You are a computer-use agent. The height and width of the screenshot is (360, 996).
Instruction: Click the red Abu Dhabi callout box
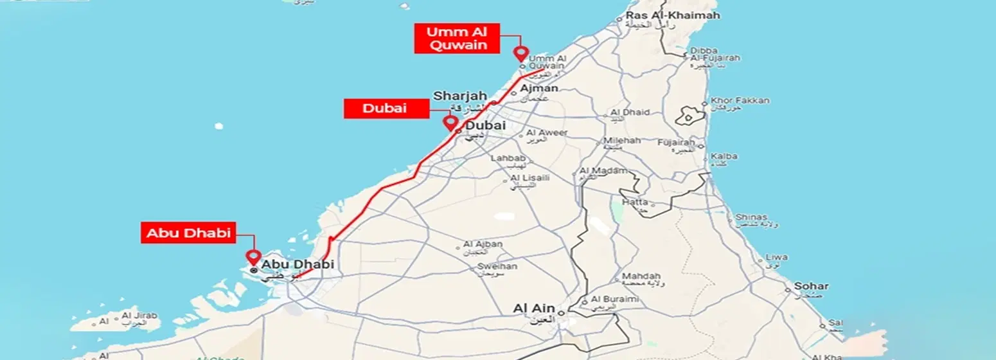(x=189, y=233)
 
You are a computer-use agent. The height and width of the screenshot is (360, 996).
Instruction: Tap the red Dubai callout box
(x=386, y=109)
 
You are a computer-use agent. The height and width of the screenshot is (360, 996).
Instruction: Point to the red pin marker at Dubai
(x=450, y=122)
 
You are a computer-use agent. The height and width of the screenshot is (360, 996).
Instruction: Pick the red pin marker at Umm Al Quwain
(x=520, y=54)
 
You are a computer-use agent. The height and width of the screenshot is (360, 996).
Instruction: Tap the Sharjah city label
(x=456, y=96)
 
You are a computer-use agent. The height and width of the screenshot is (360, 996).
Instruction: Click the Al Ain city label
(x=533, y=309)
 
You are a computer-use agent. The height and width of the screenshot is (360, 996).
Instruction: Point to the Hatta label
(x=635, y=201)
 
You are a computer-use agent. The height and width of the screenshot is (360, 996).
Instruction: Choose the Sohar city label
(x=811, y=286)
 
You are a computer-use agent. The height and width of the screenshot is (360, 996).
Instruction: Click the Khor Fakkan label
(x=740, y=101)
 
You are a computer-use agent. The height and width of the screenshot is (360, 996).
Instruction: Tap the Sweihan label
(x=493, y=264)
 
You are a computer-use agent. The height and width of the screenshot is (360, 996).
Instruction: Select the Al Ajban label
(x=483, y=244)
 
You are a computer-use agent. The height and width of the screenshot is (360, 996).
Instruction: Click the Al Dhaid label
(x=629, y=113)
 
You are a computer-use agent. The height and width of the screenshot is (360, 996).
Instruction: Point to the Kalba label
(x=724, y=156)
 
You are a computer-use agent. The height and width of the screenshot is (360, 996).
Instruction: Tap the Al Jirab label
(x=136, y=316)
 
